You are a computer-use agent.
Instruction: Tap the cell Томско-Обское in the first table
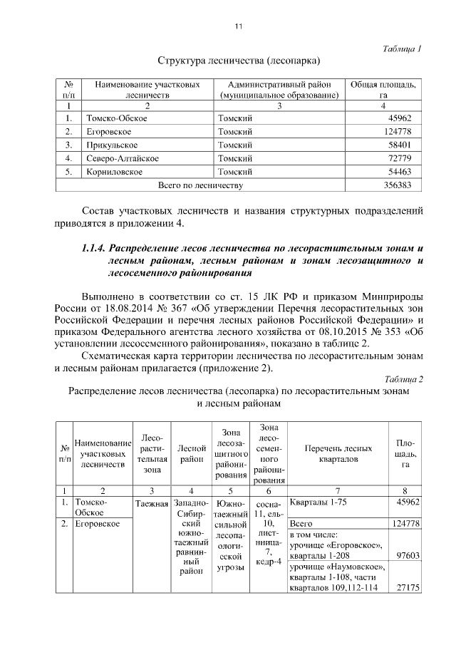pos(115,118)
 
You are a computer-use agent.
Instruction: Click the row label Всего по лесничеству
pos(200,185)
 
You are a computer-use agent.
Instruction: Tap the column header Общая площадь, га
pos(383,89)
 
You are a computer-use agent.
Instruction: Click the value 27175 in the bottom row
pos(407,588)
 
